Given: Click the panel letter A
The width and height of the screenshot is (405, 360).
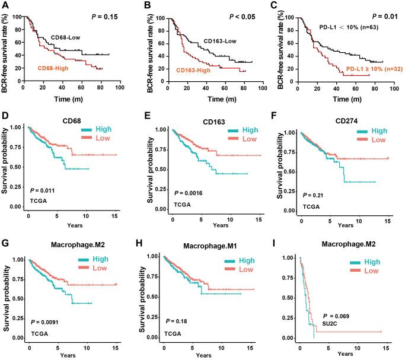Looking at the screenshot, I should (x=5, y=5).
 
